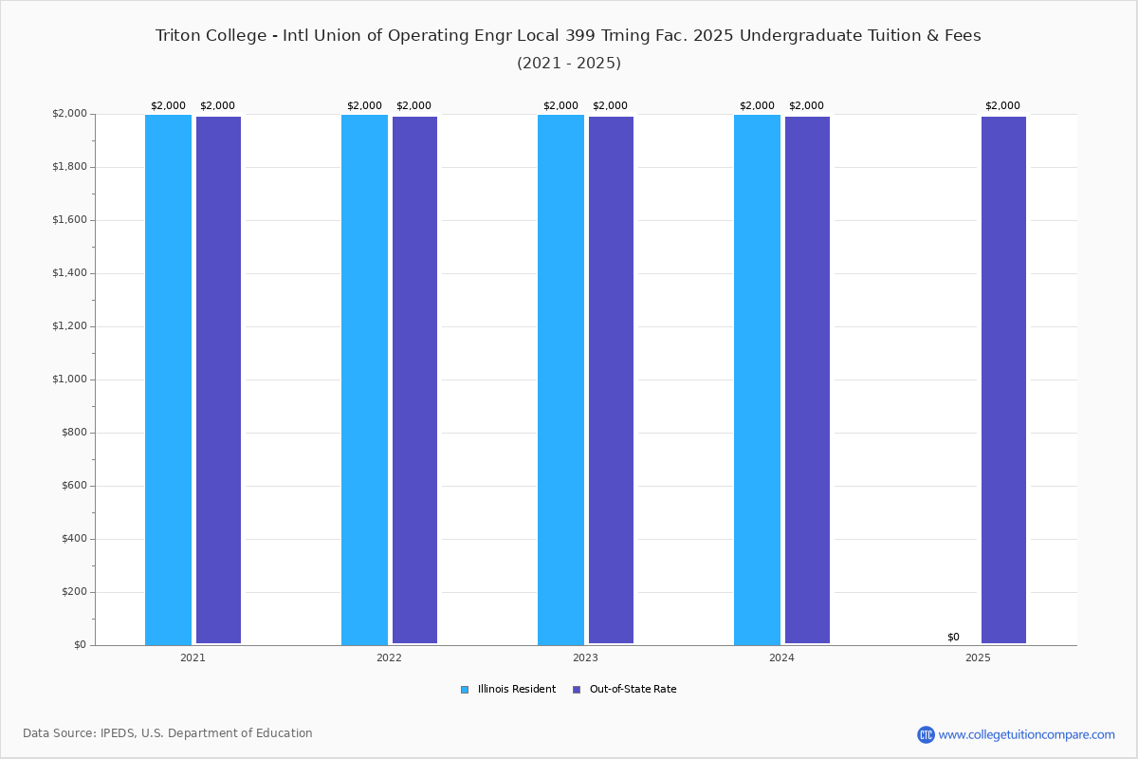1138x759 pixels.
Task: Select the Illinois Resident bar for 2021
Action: pyautogui.click(x=168, y=379)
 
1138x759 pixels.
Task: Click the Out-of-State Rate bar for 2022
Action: pyautogui.click(x=414, y=379)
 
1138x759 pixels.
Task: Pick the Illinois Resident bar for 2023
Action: pyautogui.click(x=560, y=379)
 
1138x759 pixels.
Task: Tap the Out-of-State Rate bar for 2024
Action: pyautogui.click(x=807, y=379)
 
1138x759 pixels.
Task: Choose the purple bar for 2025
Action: pyautogui.click(x=1003, y=379)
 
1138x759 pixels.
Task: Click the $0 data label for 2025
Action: pyautogui.click(x=953, y=637)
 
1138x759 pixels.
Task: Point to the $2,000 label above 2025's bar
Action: pyautogui.click(x=1002, y=105)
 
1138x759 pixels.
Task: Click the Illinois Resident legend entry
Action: pyautogui.click(x=508, y=689)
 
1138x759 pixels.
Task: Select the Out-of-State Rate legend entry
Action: pyautogui.click(x=624, y=689)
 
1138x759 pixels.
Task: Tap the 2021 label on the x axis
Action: pyautogui.click(x=193, y=657)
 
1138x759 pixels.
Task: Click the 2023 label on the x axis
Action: pyautogui.click(x=585, y=657)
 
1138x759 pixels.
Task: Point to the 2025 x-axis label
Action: pyautogui.click(x=978, y=657)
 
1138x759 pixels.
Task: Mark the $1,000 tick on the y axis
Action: pyautogui.click(x=69, y=379)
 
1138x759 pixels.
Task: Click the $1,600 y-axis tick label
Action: pyautogui.click(x=69, y=219)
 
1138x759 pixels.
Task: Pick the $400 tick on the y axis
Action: pyautogui.click(x=74, y=538)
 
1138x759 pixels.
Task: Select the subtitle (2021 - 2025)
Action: pyautogui.click(x=569, y=63)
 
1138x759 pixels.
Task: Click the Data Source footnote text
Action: pyautogui.click(x=168, y=733)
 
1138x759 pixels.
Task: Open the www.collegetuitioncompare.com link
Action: pyautogui.click(x=1026, y=734)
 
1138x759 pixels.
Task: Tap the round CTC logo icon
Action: pyautogui.click(x=926, y=734)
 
